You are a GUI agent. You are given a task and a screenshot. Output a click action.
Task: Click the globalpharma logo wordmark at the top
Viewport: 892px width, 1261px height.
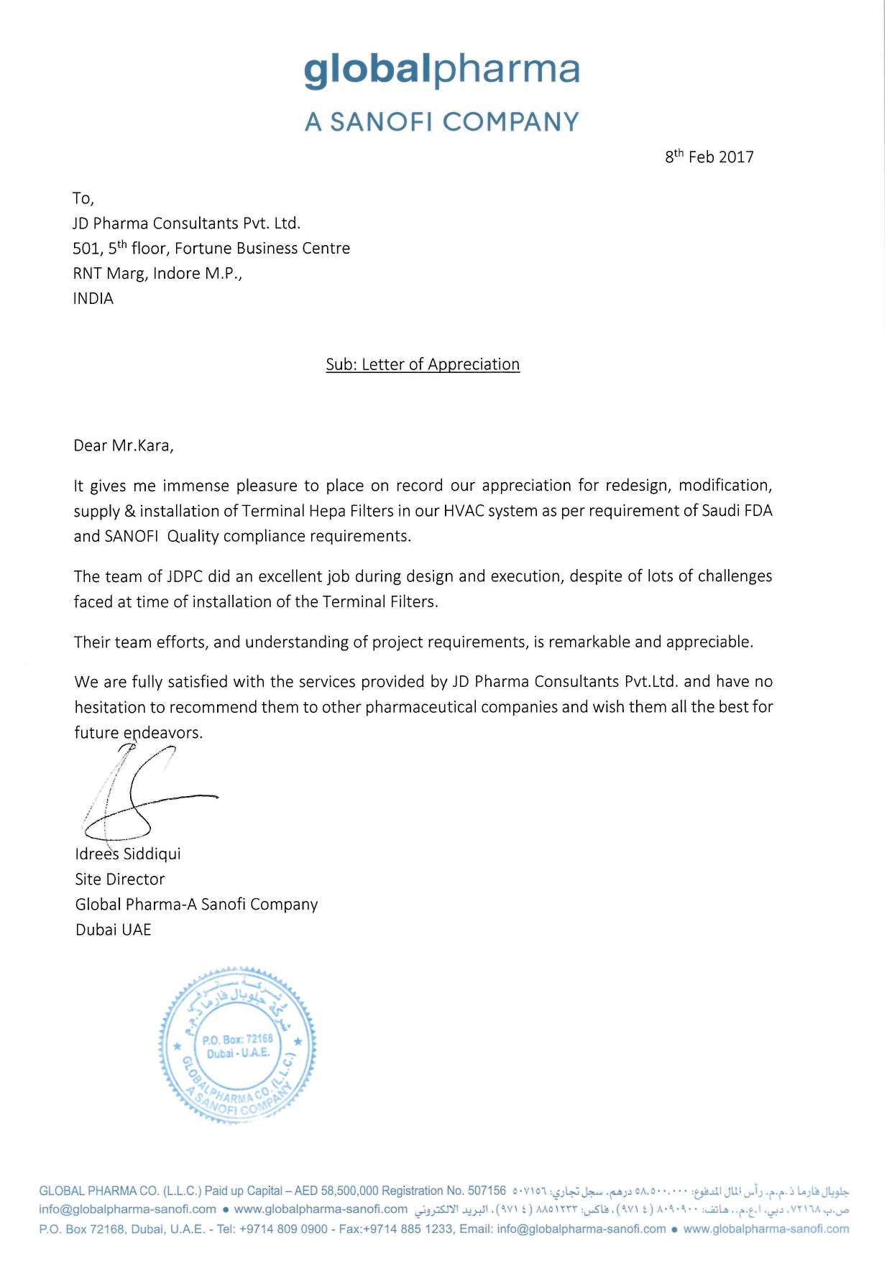[x=441, y=70]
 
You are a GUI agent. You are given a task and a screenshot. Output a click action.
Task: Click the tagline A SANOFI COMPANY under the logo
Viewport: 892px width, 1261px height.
[x=441, y=122]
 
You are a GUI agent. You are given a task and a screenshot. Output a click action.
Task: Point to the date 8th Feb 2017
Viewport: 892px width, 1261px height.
[x=709, y=157]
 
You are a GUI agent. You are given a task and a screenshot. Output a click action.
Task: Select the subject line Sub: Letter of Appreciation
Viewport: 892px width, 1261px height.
[x=423, y=364]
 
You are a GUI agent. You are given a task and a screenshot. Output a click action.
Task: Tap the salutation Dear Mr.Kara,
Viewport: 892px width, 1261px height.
[x=124, y=445]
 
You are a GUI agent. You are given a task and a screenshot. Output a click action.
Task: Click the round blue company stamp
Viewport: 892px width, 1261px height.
[x=237, y=1045]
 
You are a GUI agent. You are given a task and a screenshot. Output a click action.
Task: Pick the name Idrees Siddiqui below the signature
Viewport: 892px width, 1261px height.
[x=128, y=854]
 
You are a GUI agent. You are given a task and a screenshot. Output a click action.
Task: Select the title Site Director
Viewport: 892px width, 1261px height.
[x=120, y=879]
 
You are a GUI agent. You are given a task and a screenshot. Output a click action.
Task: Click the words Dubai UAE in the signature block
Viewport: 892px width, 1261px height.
[x=114, y=930]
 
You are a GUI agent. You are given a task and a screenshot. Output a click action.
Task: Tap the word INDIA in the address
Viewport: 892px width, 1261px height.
[x=93, y=299]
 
